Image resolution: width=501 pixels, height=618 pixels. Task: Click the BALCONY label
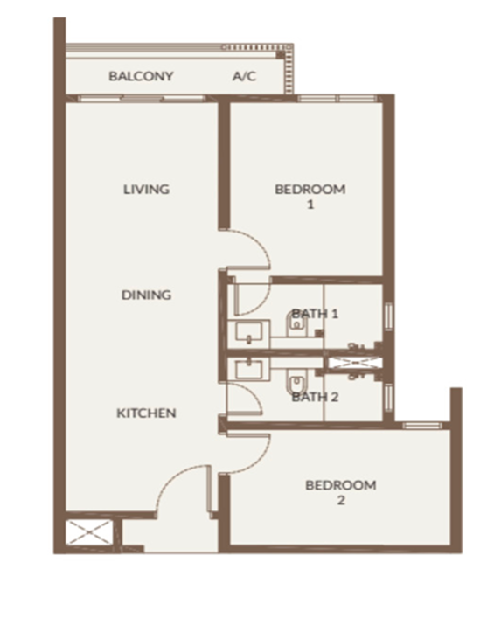(x=141, y=76)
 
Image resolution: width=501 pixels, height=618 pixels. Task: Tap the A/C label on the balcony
(x=244, y=76)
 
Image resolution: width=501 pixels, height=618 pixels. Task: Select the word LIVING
(x=146, y=189)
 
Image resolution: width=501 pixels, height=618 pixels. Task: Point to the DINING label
(x=146, y=295)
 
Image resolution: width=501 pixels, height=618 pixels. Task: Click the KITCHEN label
(x=146, y=413)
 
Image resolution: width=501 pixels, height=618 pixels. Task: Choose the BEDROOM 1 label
(x=310, y=197)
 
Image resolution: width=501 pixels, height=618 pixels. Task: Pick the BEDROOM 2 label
(x=341, y=492)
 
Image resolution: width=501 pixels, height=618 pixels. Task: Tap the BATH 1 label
(x=315, y=314)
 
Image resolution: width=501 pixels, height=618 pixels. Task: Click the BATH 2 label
(x=315, y=397)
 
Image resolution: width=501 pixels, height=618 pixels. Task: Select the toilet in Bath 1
(x=296, y=325)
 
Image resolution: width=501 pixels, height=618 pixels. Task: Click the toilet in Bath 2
(x=296, y=382)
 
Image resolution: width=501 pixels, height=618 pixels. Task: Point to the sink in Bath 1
(x=248, y=331)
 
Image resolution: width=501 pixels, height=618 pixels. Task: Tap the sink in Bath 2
(x=248, y=369)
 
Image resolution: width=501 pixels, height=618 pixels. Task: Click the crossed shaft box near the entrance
(x=89, y=533)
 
